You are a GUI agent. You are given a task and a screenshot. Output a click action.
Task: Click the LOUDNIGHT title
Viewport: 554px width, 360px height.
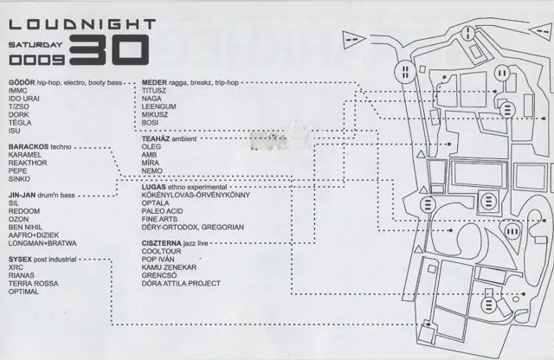pyautogui.click(x=82, y=24)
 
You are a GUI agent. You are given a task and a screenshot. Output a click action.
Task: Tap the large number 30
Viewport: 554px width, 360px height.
pyautogui.click(x=109, y=50)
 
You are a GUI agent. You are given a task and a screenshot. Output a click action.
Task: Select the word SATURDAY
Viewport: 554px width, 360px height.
pyautogui.click(x=35, y=45)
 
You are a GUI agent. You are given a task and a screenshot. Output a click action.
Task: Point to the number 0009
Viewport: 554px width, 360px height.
pyautogui.click(x=36, y=60)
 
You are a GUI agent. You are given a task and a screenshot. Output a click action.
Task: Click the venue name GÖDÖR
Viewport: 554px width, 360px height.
pyautogui.click(x=22, y=83)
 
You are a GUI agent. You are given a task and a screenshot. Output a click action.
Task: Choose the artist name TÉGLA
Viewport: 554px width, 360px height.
pyautogui.click(x=20, y=123)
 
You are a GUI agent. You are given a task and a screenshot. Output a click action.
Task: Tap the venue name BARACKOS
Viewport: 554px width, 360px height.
pyautogui.click(x=29, y=146)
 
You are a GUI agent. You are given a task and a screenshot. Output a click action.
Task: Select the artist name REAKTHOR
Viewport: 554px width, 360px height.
pyautogui.click(x=28, y=163)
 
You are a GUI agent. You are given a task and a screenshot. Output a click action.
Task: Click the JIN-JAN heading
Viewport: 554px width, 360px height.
pyautogui.click(x=22, y=195)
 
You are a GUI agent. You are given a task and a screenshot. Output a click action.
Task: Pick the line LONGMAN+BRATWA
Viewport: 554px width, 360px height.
pyautogui.click(x=42, y=243)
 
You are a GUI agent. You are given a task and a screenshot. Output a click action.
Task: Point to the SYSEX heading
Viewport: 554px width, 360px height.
pyautogui.click(x=20, y=260)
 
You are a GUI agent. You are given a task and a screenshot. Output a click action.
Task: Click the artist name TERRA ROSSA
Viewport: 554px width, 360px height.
pyautogui.click(x=33, y=284)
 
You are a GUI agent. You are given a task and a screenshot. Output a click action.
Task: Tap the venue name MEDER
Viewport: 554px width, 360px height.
pyautogui.click(x=154, y=83)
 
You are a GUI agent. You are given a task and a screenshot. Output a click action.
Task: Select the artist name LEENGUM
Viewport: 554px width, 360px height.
pyautogui.click(x=158, y=106)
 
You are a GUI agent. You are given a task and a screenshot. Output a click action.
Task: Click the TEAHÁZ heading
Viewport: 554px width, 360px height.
pyautogui.click(x=156, y=138)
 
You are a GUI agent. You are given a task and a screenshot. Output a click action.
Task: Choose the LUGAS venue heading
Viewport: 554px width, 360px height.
pyautogui.click(x=154, y=187)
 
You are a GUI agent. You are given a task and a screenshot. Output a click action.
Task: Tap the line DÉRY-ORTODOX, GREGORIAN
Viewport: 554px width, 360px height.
pyautogui.click(x=192, y=228)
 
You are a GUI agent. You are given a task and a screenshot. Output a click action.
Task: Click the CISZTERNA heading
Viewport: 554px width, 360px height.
pyautogui.click(x=162, y=243)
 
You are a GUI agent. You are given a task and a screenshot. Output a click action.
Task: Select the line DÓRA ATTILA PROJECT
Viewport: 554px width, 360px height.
pyautogui.click(x=181, y=284)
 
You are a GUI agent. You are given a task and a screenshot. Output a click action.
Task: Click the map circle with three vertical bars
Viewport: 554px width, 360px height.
pyautogui.click(x=512, y=232)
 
